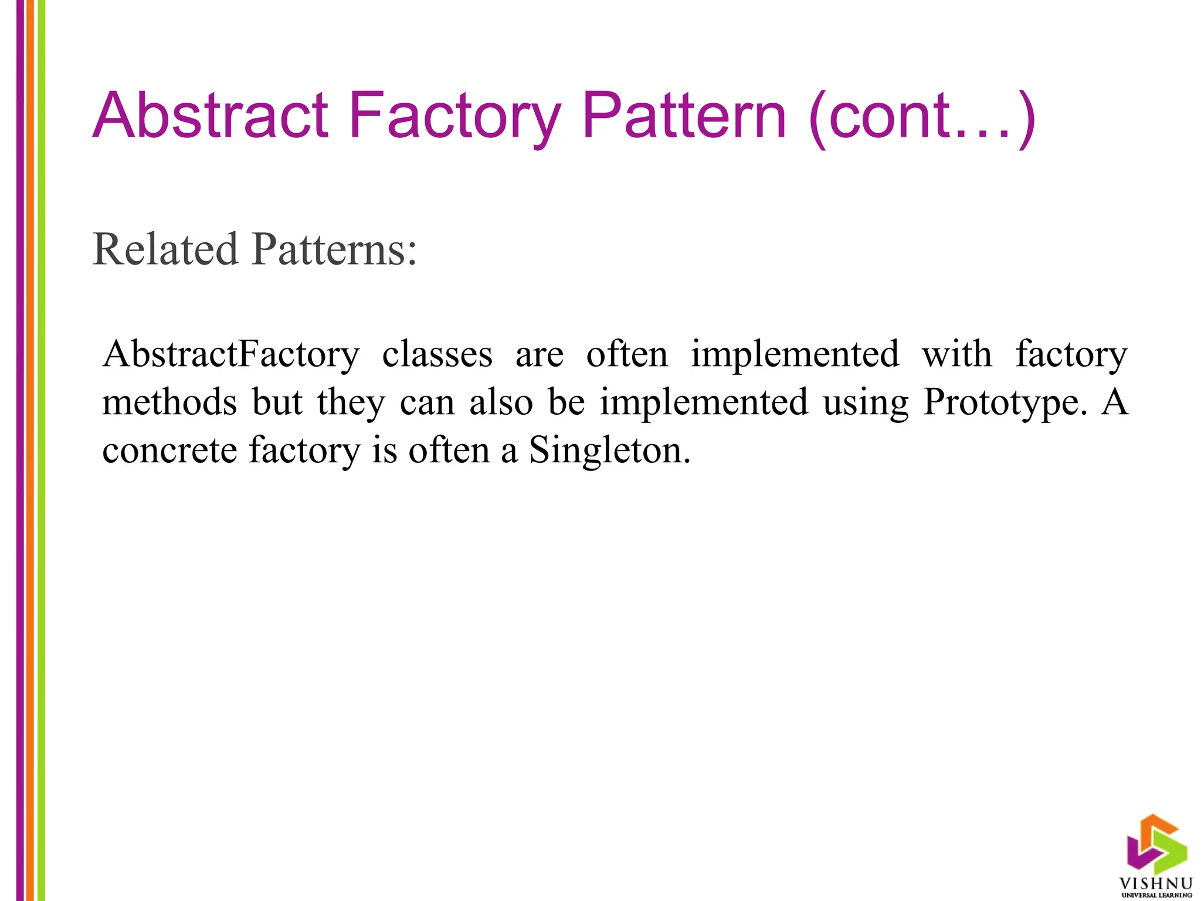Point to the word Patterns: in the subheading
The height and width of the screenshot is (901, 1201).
pos(334,250)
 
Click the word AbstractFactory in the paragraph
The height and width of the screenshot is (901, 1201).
pos(230,355)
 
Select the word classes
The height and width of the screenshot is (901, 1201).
pos(437,355)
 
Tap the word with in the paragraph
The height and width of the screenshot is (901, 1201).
pos(956,354)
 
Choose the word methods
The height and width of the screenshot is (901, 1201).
pos(169,402)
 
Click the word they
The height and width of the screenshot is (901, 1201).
pos(351,404)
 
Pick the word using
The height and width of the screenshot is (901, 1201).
pos(866,404)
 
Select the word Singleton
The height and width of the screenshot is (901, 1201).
pos(609,452)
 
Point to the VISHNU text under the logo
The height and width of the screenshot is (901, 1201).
pos(1156,883)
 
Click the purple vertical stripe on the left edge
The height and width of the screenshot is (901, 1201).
pos(20,450)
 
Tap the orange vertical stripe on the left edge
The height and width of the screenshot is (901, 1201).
pos(30,450)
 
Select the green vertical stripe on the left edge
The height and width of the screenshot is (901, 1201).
pos(41,450)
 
